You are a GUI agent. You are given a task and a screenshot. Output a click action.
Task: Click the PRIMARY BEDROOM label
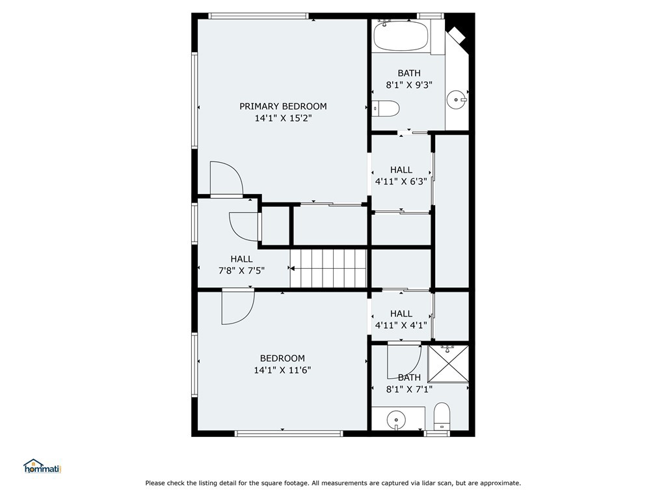coord(283,106)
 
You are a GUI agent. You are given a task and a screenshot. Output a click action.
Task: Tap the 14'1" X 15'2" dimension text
coord(283,118)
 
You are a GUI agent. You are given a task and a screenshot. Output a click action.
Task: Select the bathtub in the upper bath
coord(401,36)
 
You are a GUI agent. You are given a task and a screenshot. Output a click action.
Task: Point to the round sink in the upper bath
coord(457,100)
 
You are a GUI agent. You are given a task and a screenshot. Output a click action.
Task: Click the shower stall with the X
coord(448,364)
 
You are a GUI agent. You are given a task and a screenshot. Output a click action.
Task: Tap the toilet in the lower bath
coord(442,416)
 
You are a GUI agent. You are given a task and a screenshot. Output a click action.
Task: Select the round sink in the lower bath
coord(396,420)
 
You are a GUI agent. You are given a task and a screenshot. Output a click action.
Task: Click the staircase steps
coord(328,268)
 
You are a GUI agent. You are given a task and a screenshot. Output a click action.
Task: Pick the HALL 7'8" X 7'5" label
coord(242,264)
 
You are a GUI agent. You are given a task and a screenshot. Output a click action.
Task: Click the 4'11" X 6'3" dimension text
coord(401,182)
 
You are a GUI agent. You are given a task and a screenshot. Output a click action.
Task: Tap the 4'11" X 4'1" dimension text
coord(401,326)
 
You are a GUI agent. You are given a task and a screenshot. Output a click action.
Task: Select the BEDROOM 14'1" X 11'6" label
coord(282,364)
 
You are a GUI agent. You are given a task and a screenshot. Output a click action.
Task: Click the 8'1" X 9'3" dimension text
coord(409,85)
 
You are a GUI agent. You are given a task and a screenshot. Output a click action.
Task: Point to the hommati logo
coord(42,466)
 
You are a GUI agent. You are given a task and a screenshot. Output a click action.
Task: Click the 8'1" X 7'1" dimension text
coord(409,389)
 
